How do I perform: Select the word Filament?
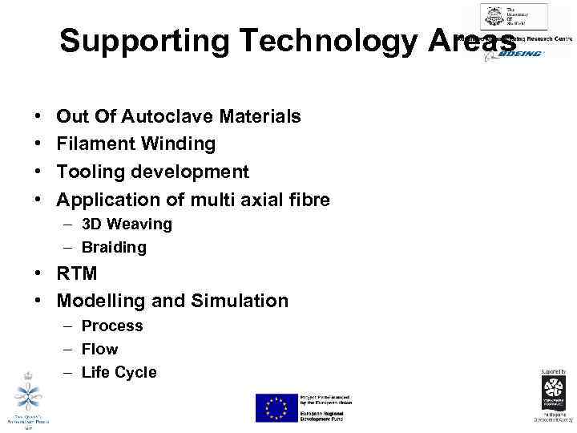[95, 144]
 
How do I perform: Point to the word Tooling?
[90, 172]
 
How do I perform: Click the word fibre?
[305, 199]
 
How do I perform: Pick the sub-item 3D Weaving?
[127, 225]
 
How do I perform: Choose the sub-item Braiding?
[114, 248]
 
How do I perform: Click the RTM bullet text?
[77, 273]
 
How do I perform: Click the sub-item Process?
[112, 326]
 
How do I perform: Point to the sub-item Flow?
[99, 349]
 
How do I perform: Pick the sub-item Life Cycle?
[119, 372]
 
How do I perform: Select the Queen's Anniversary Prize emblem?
[29, 399]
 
